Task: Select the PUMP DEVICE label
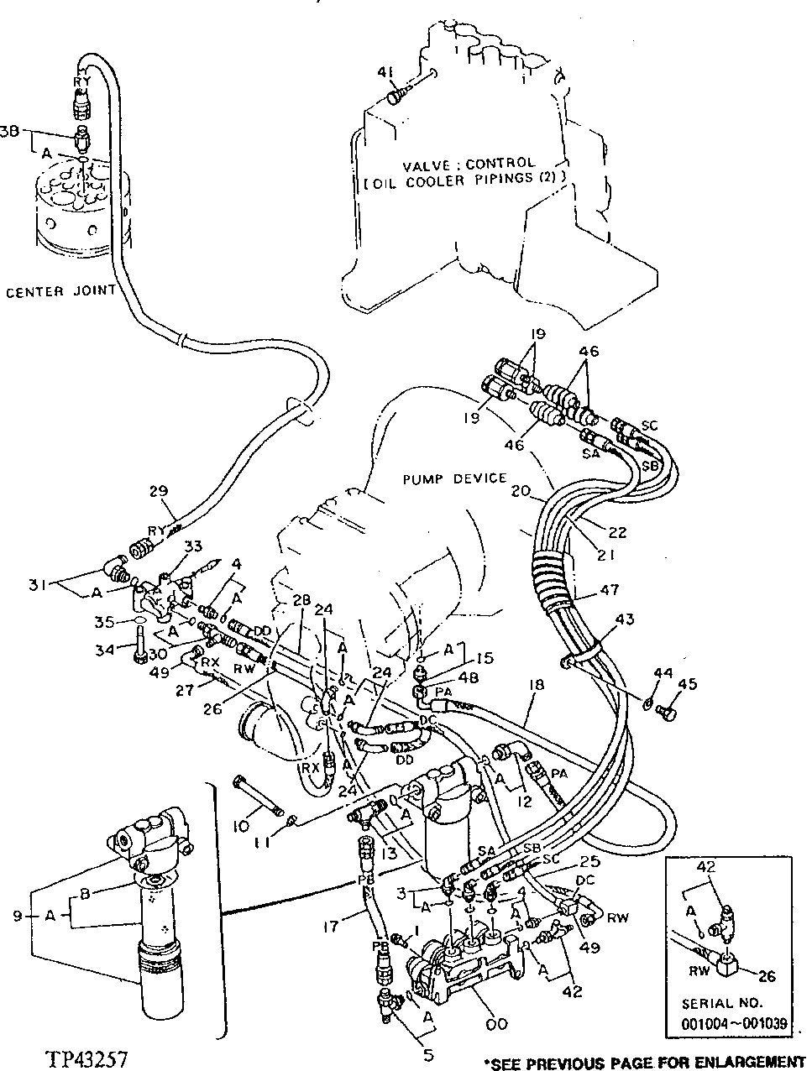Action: pyautogui.click(x=454, y=478)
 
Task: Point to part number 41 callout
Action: pyautogui.click(x=385, y=75)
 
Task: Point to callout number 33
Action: pyautogui.click(x=194, y=546)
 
